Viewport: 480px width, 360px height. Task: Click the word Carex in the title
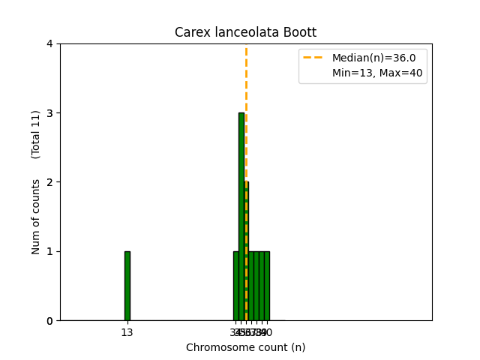190,33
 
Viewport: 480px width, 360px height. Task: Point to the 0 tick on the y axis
49,321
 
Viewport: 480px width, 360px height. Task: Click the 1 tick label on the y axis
49,251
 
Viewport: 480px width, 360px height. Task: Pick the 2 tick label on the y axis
49,182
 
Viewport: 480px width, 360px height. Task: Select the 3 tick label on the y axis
49,113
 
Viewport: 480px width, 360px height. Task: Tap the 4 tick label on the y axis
49,44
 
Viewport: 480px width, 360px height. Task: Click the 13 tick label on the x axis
127,332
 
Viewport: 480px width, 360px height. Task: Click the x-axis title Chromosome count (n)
245,347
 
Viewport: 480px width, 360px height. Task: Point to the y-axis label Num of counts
36,217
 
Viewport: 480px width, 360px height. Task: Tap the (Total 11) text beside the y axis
36,134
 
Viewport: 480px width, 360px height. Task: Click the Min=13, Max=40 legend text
369,73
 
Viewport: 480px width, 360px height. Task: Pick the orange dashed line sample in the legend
314,58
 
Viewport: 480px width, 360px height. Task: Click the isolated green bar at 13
127,286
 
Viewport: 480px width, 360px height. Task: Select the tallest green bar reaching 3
241,217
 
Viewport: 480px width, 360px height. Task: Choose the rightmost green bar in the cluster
267,286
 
